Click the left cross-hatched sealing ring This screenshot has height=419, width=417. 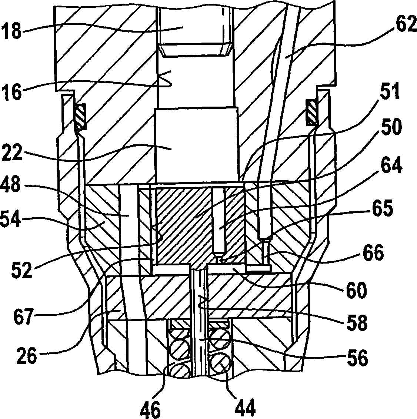tap(80, 115)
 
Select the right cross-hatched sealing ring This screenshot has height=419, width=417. tap(312, 111)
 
